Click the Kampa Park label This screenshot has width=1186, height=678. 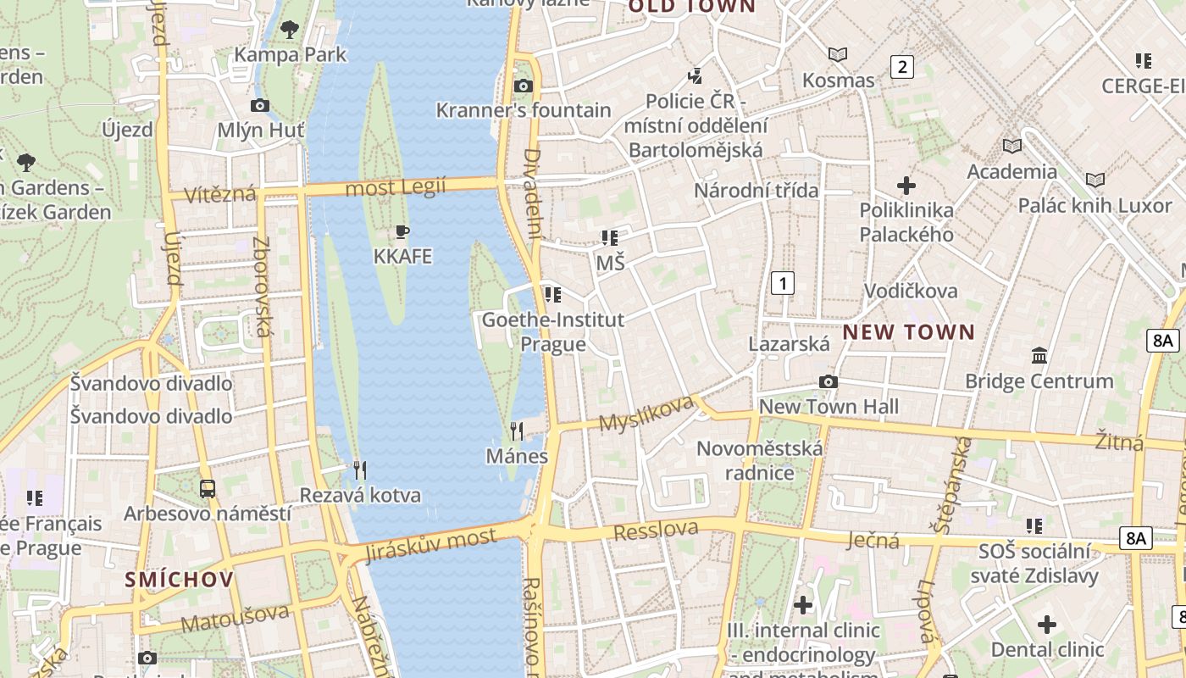click(291, 55)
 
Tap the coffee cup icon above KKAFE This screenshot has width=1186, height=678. click(402, 232)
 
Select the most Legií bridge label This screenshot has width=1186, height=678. click(396, 187)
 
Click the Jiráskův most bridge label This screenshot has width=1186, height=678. click(430, 545)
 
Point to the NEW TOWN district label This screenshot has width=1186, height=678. click(909, 332)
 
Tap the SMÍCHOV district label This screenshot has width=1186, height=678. click(179, 580)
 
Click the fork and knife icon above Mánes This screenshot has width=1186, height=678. click(517, 431)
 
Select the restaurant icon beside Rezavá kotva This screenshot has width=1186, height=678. click(360, 470)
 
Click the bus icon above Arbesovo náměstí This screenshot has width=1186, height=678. click(208, 489)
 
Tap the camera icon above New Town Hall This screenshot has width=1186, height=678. click(829, 382)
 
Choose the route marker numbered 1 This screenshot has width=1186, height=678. click(783, 283)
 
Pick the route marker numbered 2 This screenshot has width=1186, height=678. click(902, 67)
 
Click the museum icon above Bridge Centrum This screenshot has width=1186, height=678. click(1039, 356)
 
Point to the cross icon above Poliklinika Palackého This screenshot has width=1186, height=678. click(906, 185)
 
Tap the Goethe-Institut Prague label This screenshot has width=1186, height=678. click(552, 331)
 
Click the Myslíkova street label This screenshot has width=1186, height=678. click(646, 413)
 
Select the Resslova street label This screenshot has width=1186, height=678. click(657, 531)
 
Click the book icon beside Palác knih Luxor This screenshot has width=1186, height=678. click(1095, 180)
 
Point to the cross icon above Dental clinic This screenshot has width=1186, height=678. click(1047, 625)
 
